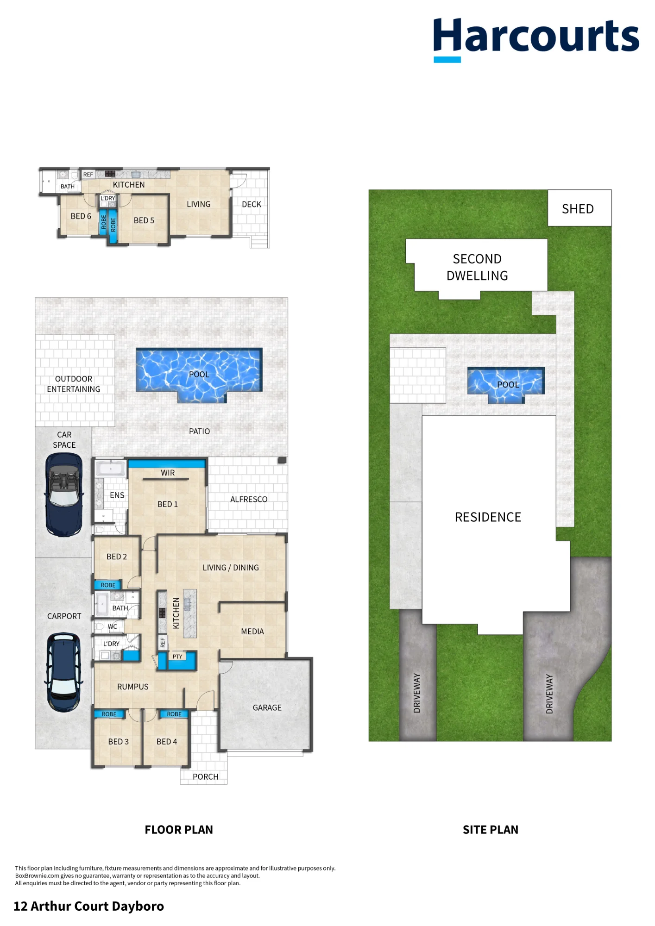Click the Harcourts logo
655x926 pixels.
pyautogui.click(x=536, y=40)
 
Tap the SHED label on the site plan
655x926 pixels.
pyautogui.click(x=578, y=209)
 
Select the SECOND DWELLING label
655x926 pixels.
pyautogui.click(x=477, y=267)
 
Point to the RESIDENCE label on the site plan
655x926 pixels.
pyautogui.click(x=488, y=517)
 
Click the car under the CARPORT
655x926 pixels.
pyautogui.click(x=64, y=672)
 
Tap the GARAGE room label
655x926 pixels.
pyautogui.click(x=267, y=707)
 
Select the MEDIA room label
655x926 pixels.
pyautogui.click(x=252, y=632)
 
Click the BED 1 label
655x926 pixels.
pyautogui.click(x=168, y=504)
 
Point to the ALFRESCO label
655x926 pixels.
pyautogui.click(x=249, y=499)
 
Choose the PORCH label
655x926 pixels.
pyautogui.click(x=205, y=776)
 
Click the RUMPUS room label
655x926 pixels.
pyautogui.click(x=133, y=687)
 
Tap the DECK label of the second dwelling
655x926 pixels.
pyautogui.click(x=252, y=204)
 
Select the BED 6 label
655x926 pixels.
pyautogui.click(x=81, y=216)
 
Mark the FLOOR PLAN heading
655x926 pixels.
pyautogui.click(x=179, y=830)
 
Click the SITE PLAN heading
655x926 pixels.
pyautogui.click(x=491, y=830)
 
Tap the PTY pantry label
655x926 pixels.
pyautogui.click(x=177, y=657)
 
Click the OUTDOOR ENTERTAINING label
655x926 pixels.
pyautogui.click(x=74, y=384)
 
